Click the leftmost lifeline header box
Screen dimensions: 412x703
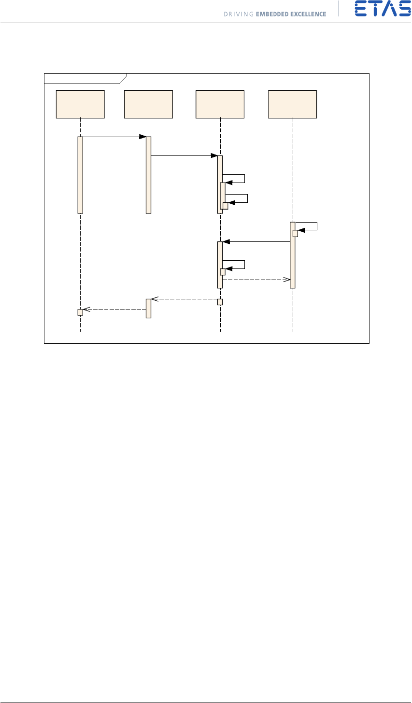coord(80,104)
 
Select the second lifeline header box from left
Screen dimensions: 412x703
coord(148,104)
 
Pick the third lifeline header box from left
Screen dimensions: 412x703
coord(220,104)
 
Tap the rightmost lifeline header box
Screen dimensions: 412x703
coord(293,104)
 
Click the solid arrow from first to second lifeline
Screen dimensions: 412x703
coord(114,137)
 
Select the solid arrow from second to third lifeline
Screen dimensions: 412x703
coord(184,156)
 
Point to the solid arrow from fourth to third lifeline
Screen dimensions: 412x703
coord(256,242)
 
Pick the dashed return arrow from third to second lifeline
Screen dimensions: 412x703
coord(184,299)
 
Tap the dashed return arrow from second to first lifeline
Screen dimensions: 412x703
coord(114,309)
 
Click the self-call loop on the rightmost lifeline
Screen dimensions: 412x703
coord(312,226)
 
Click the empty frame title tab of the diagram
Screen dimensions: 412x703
coord(85,79)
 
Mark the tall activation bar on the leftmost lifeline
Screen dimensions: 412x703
coord(80,174)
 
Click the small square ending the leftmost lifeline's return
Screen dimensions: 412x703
coord(80,312)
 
